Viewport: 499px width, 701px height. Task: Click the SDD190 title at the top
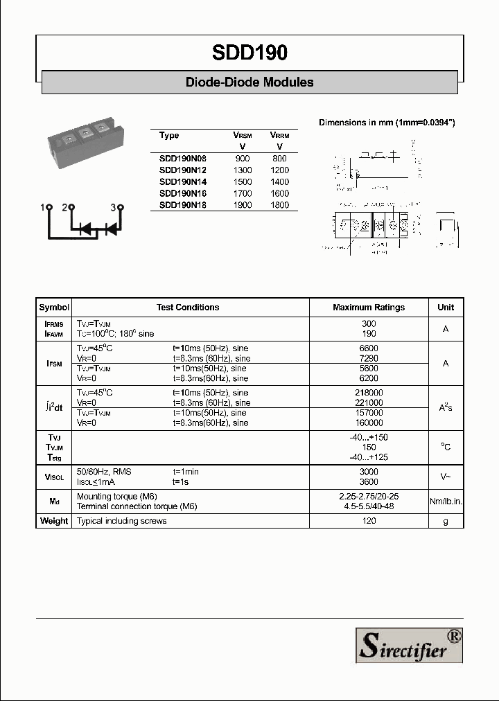[249, 53]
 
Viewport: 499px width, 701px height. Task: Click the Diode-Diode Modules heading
[249, 82]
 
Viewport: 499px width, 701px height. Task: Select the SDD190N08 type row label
[182, 159]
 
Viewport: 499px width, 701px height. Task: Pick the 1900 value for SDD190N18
[243, 205]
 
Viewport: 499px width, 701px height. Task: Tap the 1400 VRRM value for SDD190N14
[280, 181]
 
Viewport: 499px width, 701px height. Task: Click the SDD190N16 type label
[182, 193]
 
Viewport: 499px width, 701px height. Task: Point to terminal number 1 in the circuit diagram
[43, 207]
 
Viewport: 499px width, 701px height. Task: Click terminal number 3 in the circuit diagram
[114, 207]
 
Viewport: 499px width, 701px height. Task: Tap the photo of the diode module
[82, 143]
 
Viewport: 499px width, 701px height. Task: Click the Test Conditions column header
[188, 308]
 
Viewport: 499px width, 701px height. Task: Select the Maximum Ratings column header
[369, 308]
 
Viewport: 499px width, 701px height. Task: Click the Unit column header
[446, 308]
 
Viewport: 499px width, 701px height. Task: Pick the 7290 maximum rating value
[369, 359]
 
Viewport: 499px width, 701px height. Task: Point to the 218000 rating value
[369, 393]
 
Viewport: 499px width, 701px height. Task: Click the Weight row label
[54, 521]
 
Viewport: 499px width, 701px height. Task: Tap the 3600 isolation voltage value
[369, 481]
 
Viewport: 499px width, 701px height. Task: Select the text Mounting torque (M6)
[117, 497]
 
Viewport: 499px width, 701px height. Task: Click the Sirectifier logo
[409, 644]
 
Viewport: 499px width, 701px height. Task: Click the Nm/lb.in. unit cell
[446, 502]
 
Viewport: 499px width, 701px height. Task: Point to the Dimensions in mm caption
[387, 123]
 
